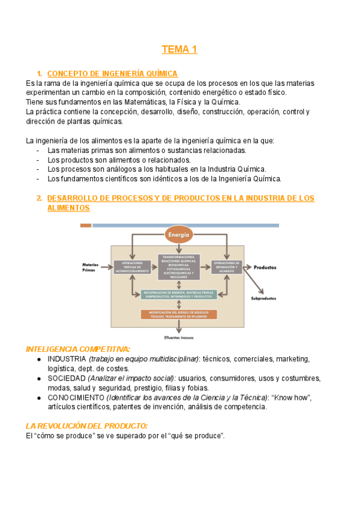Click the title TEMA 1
179,49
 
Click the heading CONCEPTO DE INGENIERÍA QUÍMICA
112,73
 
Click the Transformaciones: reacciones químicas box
182,267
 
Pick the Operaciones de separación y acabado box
226,267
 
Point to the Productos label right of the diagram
265,267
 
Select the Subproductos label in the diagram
263,298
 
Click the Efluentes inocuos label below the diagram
179,337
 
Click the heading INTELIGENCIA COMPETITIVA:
78,349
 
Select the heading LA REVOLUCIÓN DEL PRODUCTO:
86,426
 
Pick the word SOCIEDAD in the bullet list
66,378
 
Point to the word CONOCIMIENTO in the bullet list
75,397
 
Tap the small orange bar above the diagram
86,226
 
